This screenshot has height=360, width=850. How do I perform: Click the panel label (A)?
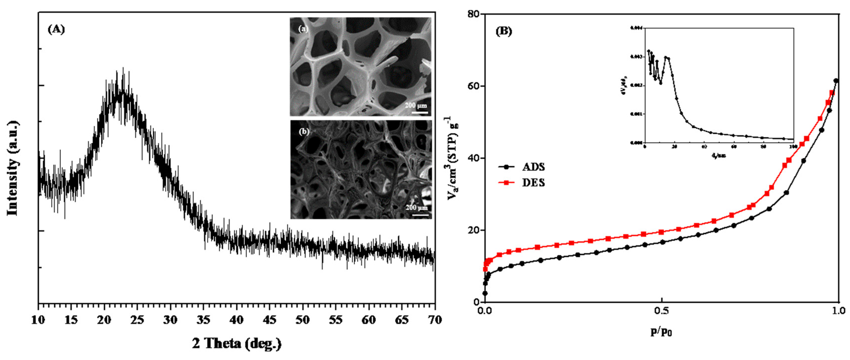point(56,29)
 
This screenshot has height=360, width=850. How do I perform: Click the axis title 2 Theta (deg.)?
point(237,344)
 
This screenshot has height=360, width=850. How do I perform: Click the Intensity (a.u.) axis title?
point(12,168)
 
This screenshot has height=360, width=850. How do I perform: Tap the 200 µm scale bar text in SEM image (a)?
point(416,105)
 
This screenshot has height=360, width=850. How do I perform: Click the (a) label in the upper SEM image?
point(303,29)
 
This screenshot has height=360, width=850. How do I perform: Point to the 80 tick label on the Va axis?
point(474,14)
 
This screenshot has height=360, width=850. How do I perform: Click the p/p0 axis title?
point(661,332)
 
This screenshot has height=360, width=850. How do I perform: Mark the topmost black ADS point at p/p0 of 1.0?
point(836,81)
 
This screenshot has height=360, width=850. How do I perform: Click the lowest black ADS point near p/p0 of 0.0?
point(485,293)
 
